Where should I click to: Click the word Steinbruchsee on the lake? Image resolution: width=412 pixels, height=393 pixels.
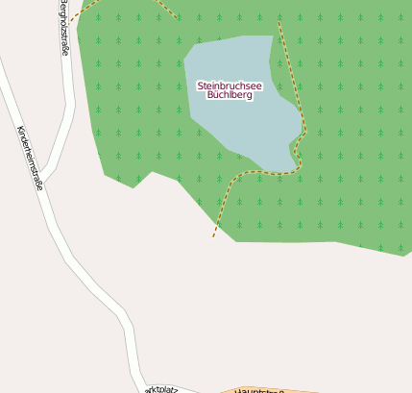pyautogui.click(x=230, y=86)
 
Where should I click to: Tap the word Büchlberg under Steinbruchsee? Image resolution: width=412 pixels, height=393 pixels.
pyautogui.click(x=230, y=96)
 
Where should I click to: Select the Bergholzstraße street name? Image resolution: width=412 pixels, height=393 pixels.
pyautogui.click(x=64, y=29)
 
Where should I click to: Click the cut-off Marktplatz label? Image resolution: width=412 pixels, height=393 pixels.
pyautogui.click(x=162, y=388)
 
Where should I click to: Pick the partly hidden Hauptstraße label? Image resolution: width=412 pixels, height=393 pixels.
pyautogui.click(x=259, y=389)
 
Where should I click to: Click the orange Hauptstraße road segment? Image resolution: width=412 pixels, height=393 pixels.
pyautogui.click(x=288, y=389)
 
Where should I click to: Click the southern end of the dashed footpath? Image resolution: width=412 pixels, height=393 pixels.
pyautogui.click(x=213, y=235)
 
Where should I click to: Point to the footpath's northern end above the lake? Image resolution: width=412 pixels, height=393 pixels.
pyautogui.click(x=279, y=21)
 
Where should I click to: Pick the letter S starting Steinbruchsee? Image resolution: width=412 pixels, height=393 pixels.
pyautogui.click(x=200, y=86)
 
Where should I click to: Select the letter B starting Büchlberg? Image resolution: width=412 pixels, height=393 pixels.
pyautogui.click(x=210, y=96)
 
